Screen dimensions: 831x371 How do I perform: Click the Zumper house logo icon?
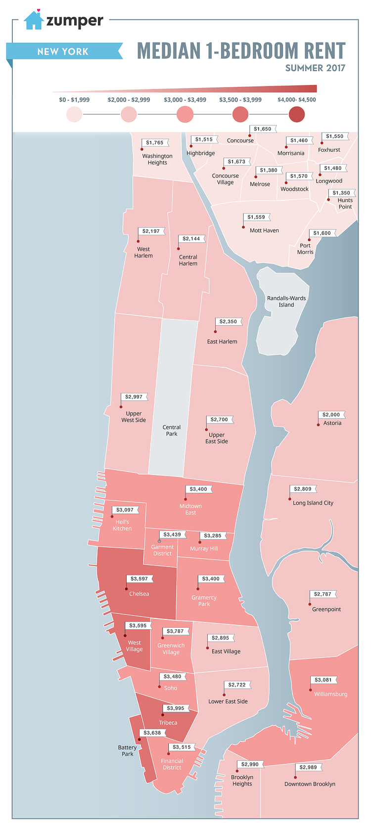click(34, 20)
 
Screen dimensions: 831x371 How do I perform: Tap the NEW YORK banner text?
click(63, 51)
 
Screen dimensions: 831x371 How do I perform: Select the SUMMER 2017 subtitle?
click(315, 68)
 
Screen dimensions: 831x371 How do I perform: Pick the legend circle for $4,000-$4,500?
click(297, 115)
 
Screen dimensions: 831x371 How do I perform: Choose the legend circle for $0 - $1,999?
click(74, 115)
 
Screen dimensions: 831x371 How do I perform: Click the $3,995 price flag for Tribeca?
click(176, 708)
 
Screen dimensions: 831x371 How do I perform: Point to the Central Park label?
click(172, 431)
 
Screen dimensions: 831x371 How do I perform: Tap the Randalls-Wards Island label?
click(286, 302)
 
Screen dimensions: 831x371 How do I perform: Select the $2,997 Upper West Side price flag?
click(134, 397)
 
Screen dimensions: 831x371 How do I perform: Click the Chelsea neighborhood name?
click(139, 594)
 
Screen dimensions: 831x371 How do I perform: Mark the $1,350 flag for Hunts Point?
click(341, 193)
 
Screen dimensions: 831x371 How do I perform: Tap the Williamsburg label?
click(330, 694)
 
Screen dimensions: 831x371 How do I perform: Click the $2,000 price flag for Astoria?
click(331, 415)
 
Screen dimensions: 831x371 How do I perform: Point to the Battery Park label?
click(128, 751)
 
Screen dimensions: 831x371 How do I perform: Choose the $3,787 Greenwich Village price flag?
click(176, 631)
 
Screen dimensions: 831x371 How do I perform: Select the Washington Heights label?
click(157, 159)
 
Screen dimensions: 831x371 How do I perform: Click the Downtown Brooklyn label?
click(310, 784)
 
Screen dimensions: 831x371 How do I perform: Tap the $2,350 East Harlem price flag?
click(229, 322)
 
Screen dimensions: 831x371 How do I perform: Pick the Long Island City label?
click(313, 503)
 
